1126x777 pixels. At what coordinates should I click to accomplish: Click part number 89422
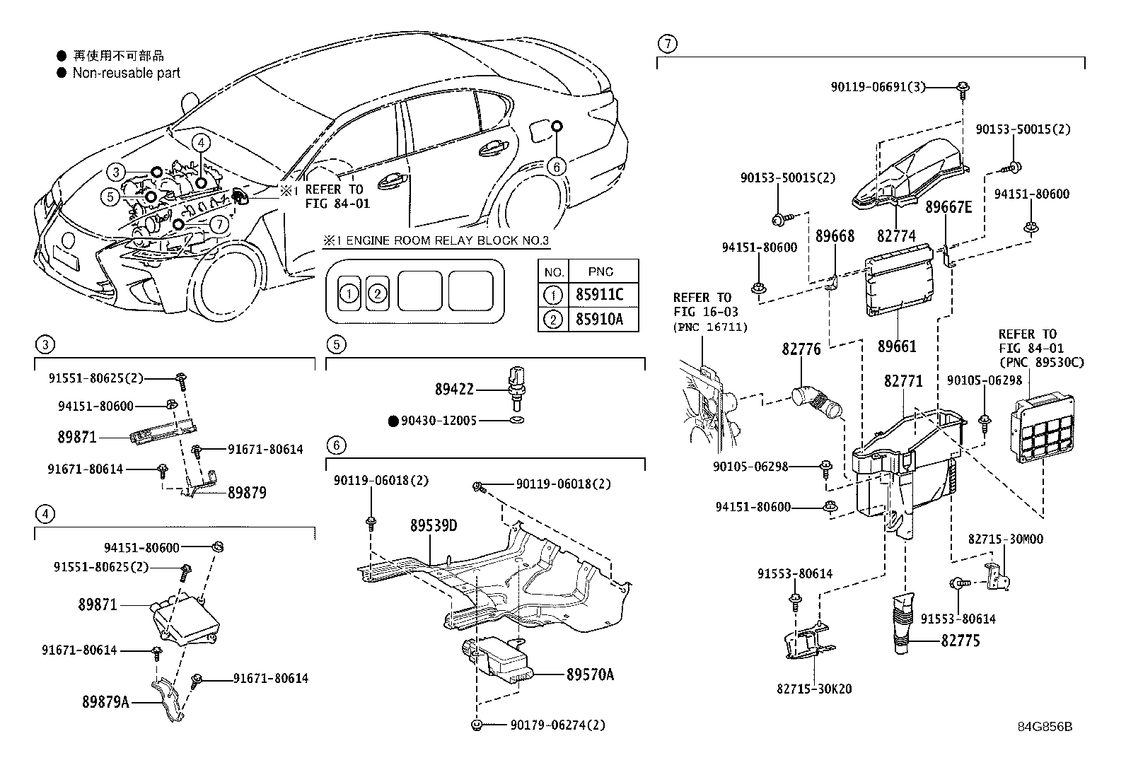[453, 390]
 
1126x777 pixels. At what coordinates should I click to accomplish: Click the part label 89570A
[590, 674]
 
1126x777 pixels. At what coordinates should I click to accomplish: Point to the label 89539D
[434, 526]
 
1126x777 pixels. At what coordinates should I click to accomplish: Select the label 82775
[960, 641]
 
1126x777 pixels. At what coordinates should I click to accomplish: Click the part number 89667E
[948, 206]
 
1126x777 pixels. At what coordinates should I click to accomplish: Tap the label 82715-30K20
[814, 689]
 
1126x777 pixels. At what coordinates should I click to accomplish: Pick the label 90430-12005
[439, 421]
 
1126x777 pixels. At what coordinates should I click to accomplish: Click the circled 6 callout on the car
[557, 166]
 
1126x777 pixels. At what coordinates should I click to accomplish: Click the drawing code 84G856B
[1045, 726]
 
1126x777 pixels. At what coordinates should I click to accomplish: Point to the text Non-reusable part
[126, 73]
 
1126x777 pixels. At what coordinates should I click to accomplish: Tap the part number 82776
[801, 349]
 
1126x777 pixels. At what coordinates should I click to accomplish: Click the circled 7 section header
[666, 44]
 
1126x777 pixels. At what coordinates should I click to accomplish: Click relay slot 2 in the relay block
[377, 293]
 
